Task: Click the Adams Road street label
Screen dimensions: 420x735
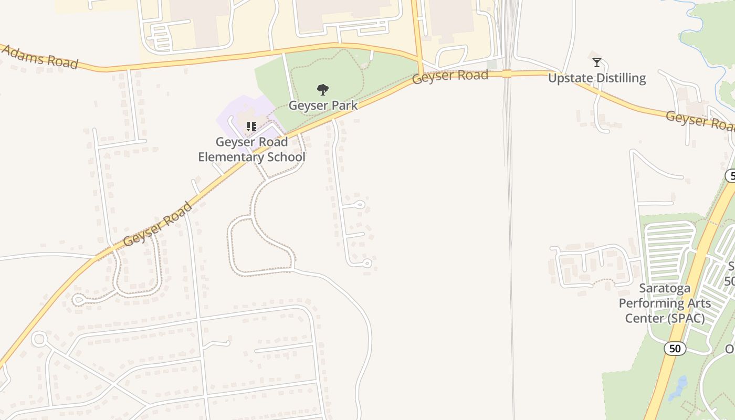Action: [41, 57]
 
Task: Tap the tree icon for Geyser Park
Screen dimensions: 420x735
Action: [323, 90]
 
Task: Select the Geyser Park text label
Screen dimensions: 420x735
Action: [323, 105]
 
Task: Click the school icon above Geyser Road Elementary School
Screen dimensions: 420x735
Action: [251, 127]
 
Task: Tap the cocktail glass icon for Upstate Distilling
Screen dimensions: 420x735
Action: [597, 62]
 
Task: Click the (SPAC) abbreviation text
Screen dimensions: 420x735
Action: [686, 318]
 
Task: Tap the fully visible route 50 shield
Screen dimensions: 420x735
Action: [675, 348]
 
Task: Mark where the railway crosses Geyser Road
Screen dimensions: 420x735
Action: [507, 73]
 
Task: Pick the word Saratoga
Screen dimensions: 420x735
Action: [665, 288]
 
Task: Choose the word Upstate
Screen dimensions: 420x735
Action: [569, 78]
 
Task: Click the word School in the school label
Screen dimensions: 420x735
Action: [287, 157]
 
